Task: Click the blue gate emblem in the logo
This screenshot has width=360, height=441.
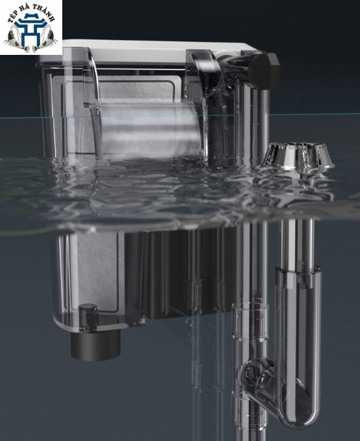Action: (x=30, y=30)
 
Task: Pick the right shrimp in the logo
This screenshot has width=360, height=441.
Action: (x=45, y=38)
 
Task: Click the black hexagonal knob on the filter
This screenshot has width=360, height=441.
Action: (x=264, y=71)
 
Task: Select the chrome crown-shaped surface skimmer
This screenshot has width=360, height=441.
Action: (x=299, y=157)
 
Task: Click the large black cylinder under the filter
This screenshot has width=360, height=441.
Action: (x=96, y=345)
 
